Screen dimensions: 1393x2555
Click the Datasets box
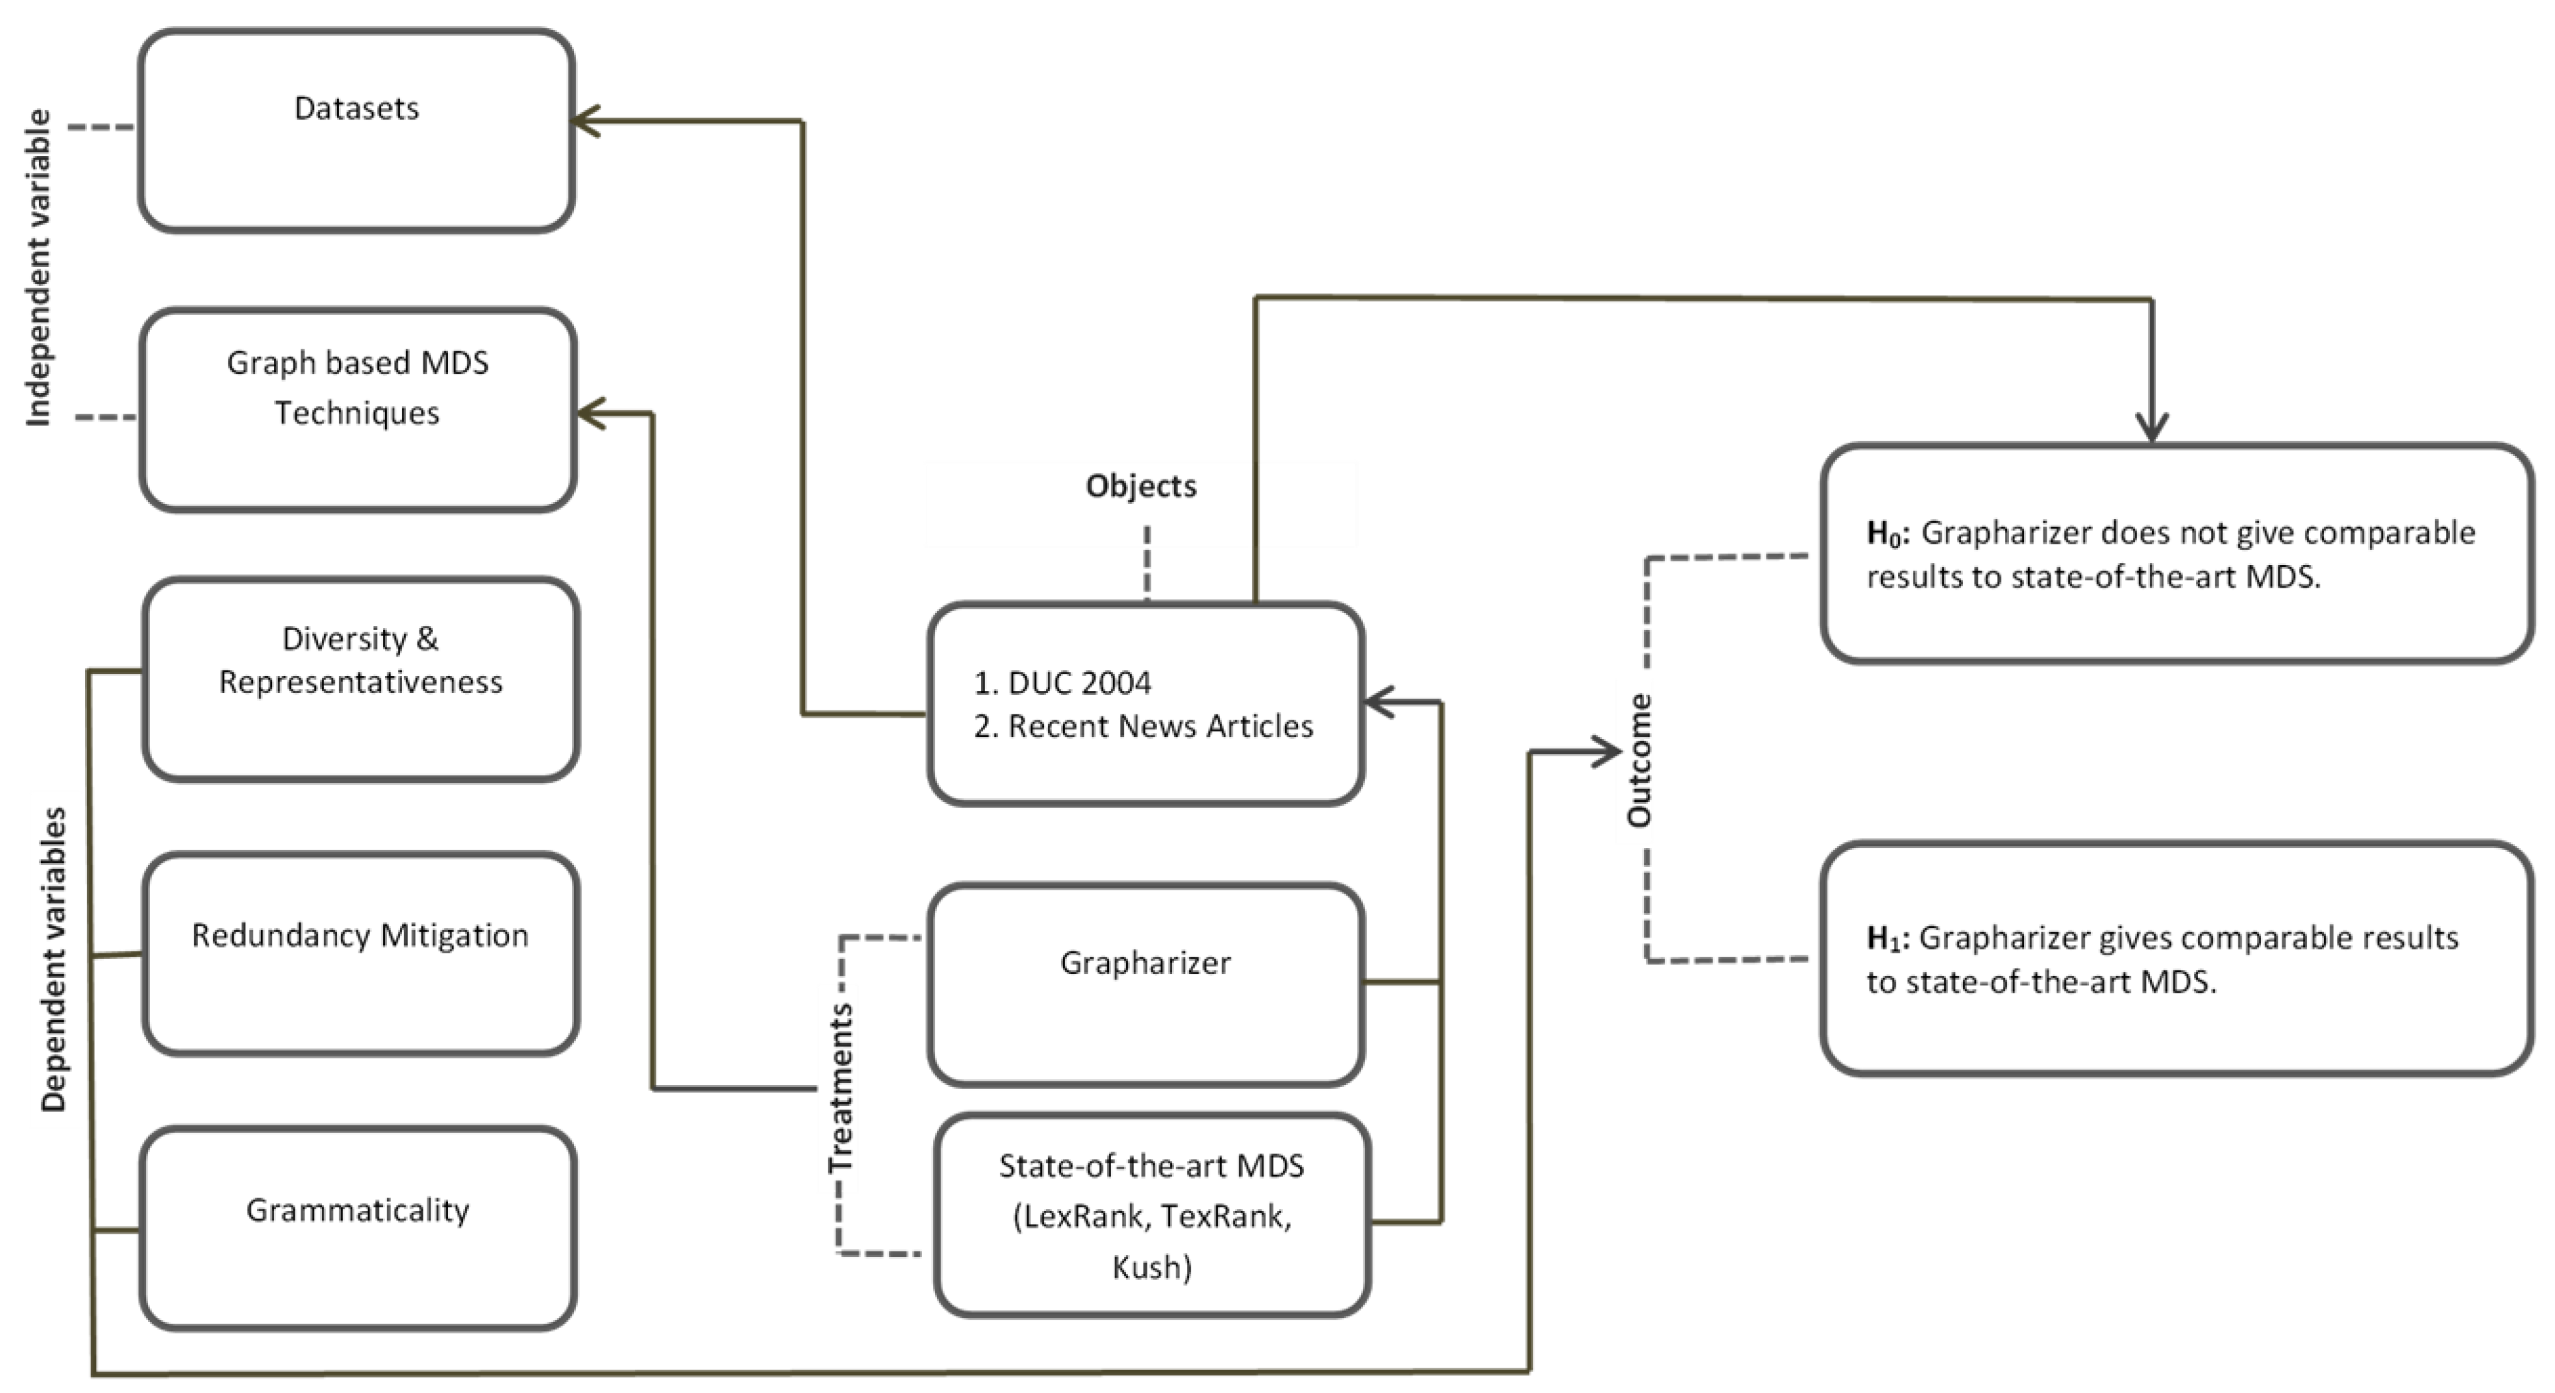356,131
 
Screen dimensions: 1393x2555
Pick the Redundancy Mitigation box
360,953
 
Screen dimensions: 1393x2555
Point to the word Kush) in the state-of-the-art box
1151,1267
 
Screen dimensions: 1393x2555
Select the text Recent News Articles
1161,726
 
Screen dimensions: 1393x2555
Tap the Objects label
1141,486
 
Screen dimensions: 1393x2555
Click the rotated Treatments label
841,1088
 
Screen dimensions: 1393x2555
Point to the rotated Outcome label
1639,760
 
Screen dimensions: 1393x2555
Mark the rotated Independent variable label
38,268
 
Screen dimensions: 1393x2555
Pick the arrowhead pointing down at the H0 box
2152,428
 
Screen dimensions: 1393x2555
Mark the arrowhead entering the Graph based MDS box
589,413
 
